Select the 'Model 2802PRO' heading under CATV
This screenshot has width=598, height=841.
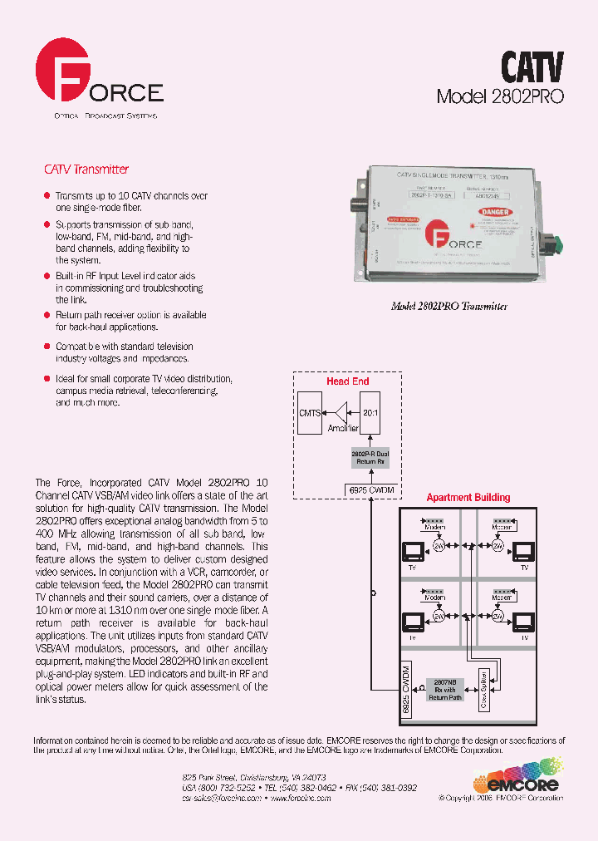[500, 96]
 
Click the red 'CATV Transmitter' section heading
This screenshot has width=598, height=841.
[86, 170]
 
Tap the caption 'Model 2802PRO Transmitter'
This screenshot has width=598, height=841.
[448, 306]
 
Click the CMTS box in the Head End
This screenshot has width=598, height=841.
[309, 412]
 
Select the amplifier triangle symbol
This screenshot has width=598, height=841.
[340, 412]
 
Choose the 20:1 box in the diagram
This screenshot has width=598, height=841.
[370, 412]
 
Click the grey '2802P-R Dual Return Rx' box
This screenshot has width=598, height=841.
[370, 459]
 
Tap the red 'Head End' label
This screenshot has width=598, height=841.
[347, 381]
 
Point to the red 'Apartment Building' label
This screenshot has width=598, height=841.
[468, 498]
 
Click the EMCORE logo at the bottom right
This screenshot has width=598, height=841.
[517, 776]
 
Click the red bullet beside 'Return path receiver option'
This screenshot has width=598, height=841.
[47, 316]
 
